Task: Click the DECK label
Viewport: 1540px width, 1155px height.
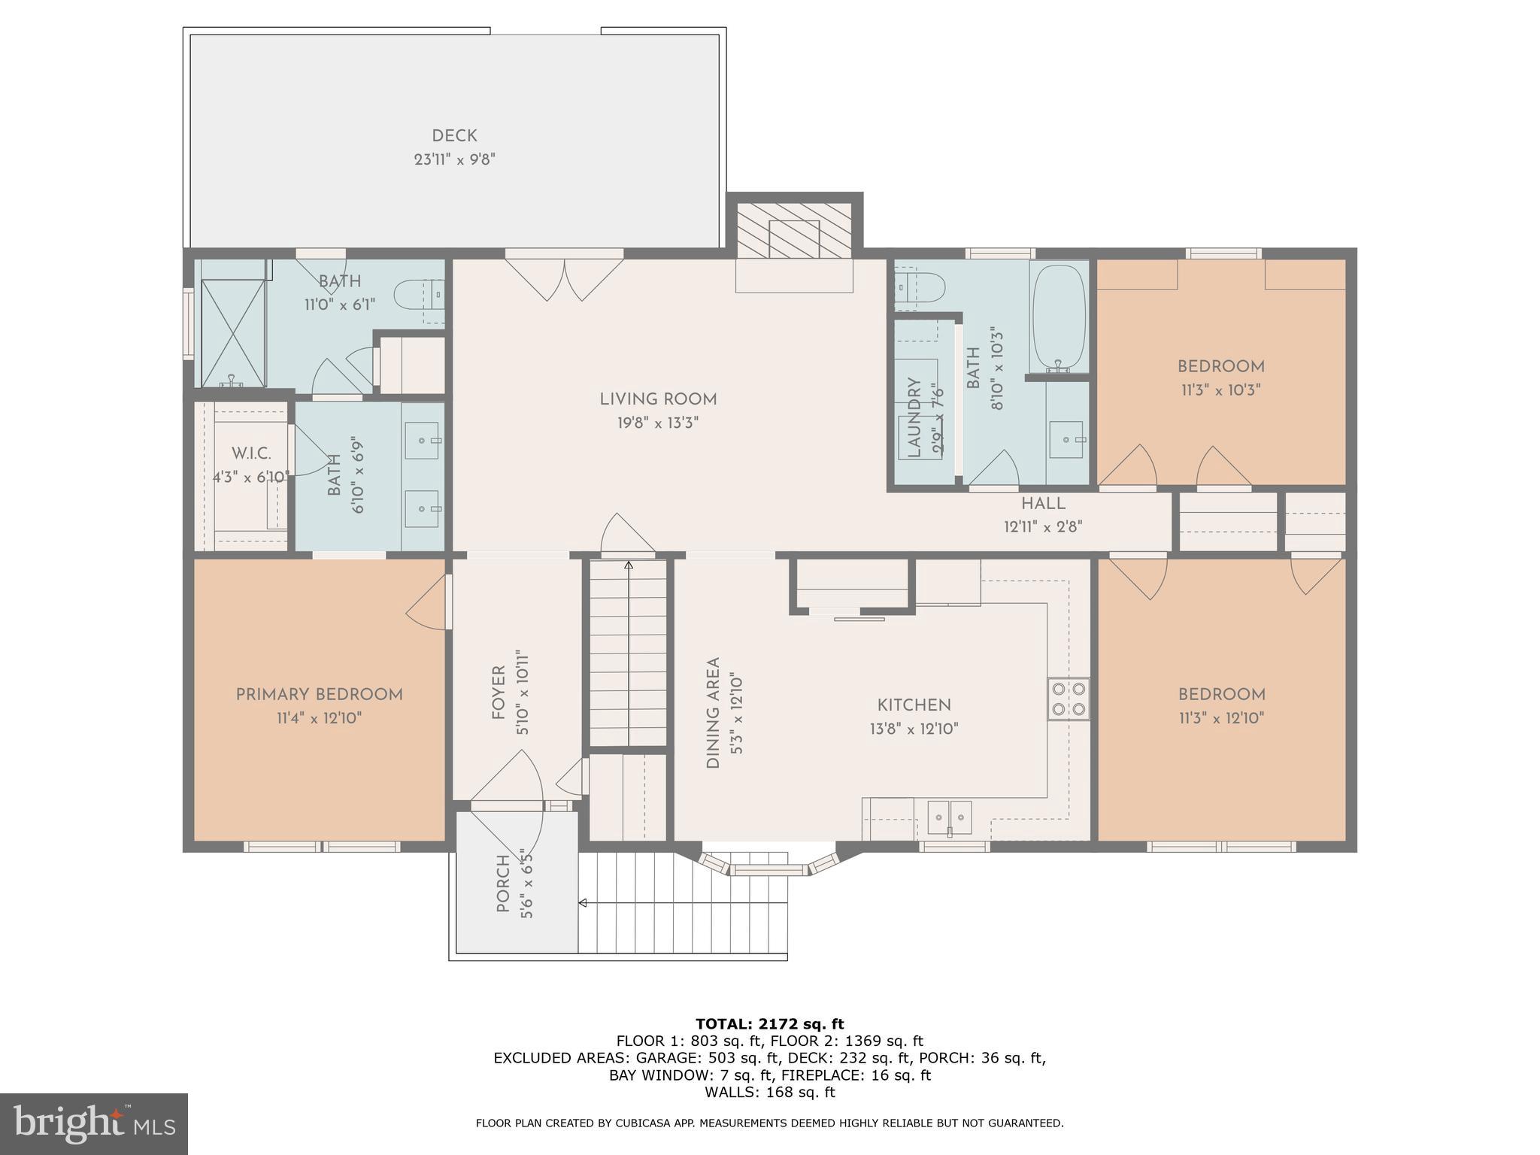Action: pos(454,136)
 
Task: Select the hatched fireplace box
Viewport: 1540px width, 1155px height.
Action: pos(794,230)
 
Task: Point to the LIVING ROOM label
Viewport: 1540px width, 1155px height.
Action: pos(658,399)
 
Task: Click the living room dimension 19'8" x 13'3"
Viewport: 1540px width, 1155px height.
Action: pos(658,423)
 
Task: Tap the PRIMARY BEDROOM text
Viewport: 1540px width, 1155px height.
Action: pos(319,695)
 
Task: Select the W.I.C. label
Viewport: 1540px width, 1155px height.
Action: pos(251,453)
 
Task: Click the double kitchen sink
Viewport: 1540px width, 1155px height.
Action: pos(950,817)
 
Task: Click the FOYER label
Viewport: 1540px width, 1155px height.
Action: pos(498,693)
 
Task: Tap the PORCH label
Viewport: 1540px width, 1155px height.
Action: pos(503,884)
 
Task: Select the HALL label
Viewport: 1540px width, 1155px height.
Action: pos(1043,504)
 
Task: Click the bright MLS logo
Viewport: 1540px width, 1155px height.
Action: pos(93,1123)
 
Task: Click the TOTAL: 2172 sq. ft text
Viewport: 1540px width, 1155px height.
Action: pos(769,1023)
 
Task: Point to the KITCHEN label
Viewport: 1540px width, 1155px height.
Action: pos(914,705)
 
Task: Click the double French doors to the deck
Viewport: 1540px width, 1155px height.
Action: pos(564,278)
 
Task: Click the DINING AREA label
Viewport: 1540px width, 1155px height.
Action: pos(713,713)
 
